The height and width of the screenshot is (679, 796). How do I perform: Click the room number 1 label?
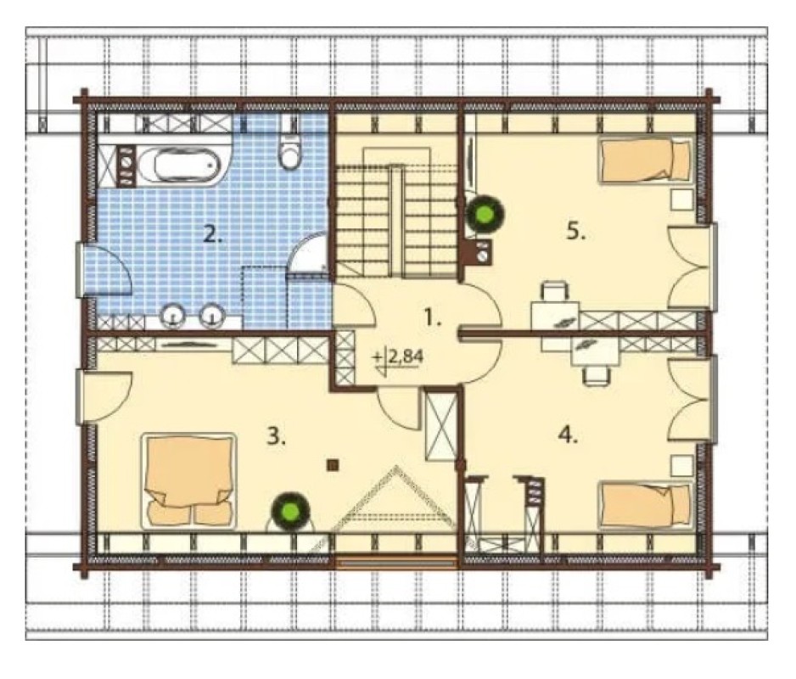[x=434, y=319]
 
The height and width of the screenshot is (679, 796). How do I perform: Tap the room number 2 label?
[x=213, y=234]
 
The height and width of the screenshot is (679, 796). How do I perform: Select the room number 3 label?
[x=277, y=436]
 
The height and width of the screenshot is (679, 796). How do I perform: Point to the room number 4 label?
[x=568, y=435]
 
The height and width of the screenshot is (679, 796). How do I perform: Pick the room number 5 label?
[x=576, y=232]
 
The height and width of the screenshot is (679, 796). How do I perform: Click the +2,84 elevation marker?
[x=398, y=358]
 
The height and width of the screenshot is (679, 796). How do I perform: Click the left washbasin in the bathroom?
[x=174, y=317]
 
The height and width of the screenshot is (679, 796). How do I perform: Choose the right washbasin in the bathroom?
[x=213, y=317]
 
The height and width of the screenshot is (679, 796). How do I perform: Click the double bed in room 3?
[x=189, y=480]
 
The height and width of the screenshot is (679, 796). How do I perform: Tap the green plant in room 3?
[x=290, y=510]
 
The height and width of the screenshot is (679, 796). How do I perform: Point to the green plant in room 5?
[x=485, y=214]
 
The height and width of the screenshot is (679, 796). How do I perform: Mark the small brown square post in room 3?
[x=333, y=464]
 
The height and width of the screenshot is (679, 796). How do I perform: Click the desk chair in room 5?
[x=555, y=292]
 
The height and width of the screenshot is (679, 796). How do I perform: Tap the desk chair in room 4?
[x=596, y=376]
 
